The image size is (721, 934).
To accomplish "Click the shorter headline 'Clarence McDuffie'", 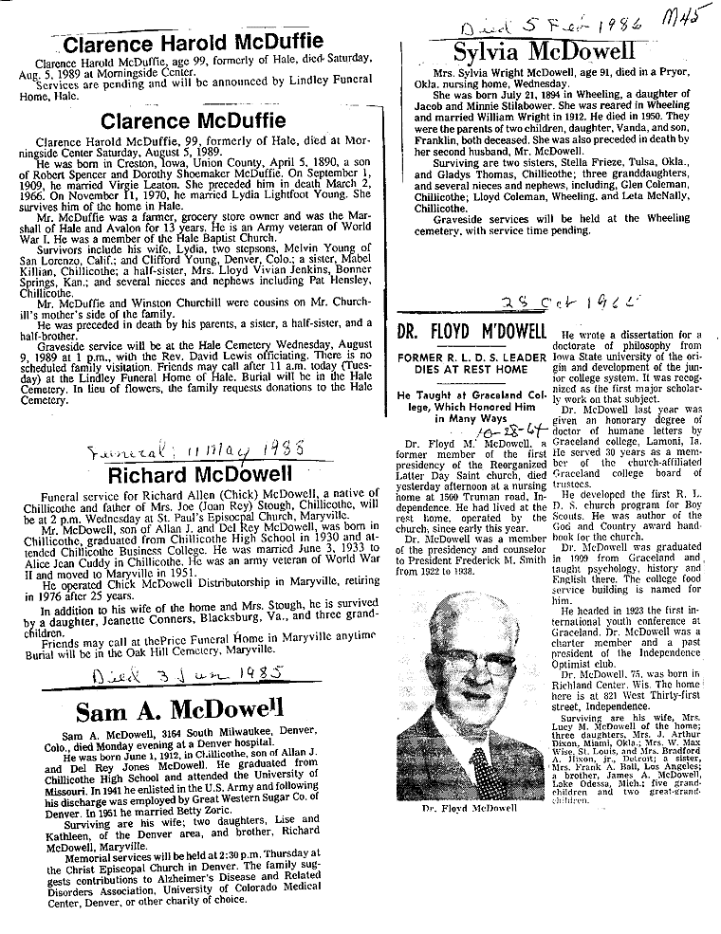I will (x=193, y=120).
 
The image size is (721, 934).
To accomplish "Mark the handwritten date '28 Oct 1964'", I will (x=548, y=302).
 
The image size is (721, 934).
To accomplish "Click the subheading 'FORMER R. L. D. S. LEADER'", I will (x=469, y=355).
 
